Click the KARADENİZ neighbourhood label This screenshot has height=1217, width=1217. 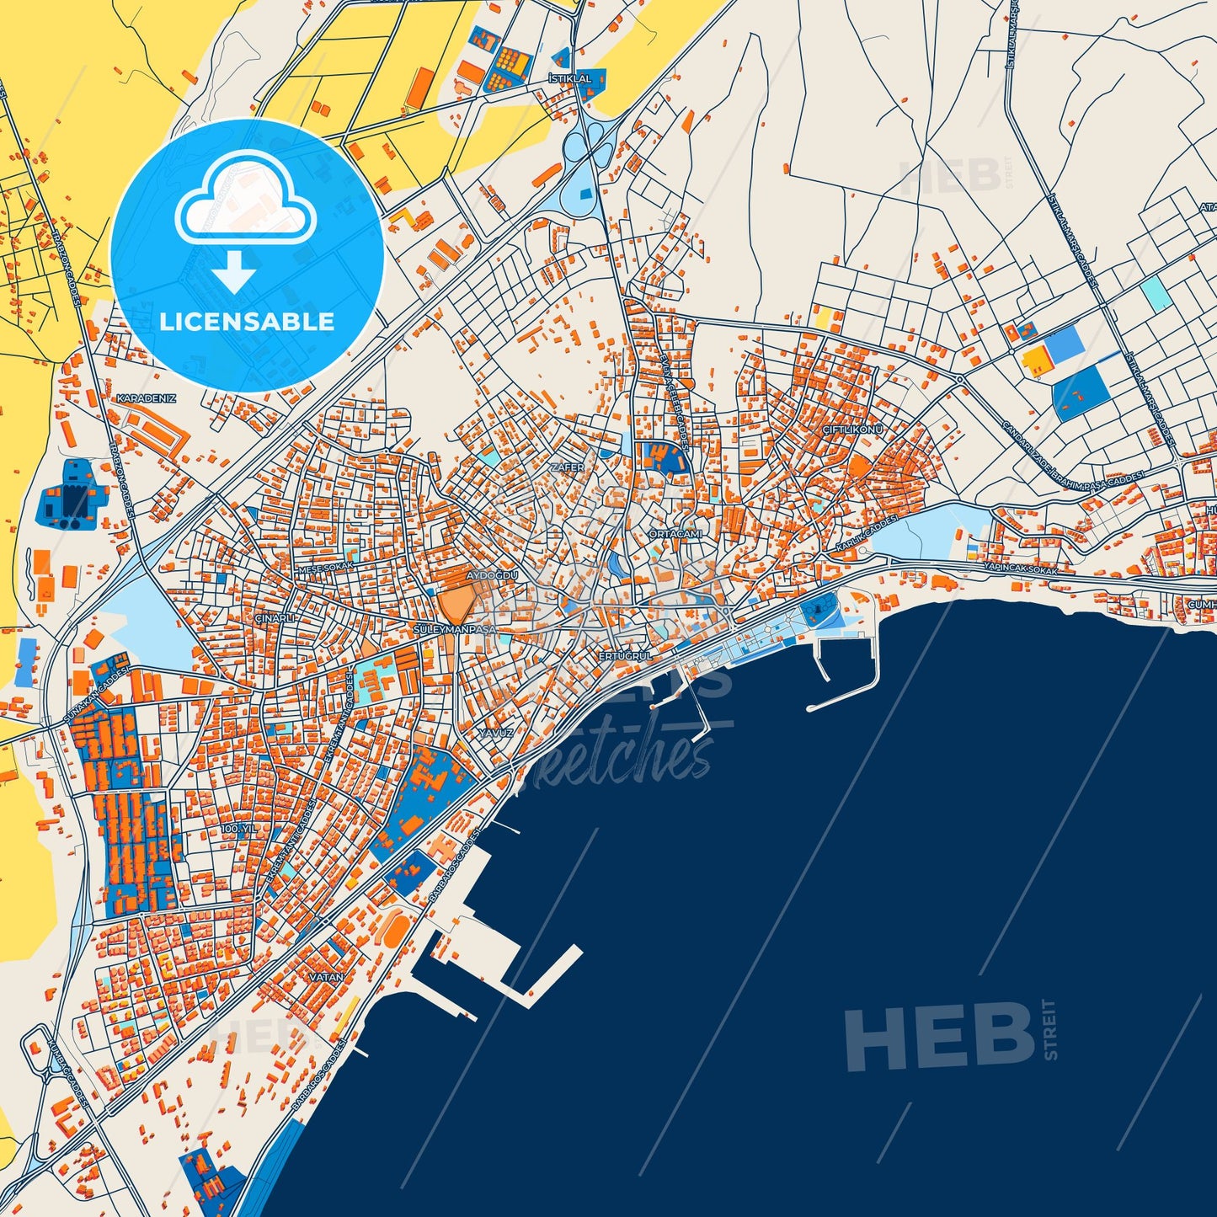[x=147, y=398]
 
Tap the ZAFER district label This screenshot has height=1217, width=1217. [x=566, y=467]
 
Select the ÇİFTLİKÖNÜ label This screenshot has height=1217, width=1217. [x=852, y=430]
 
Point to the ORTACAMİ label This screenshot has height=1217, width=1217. [x=675, y=534]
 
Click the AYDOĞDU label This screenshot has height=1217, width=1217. [x=492, y=575]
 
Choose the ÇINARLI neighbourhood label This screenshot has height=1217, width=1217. [x=275, y=617]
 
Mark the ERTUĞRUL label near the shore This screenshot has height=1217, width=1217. [x=625, y=655]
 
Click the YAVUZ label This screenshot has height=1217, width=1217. [x=496, y=733]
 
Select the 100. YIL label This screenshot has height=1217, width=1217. [x=238, y=829]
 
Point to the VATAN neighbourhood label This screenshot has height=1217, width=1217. [x=327, y=977]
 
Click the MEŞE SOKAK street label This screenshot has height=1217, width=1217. [x=327, y=567]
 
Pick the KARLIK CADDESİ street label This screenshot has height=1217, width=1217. [x=867, y=536]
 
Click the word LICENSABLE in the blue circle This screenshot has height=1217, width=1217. [x=247, y=322]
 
